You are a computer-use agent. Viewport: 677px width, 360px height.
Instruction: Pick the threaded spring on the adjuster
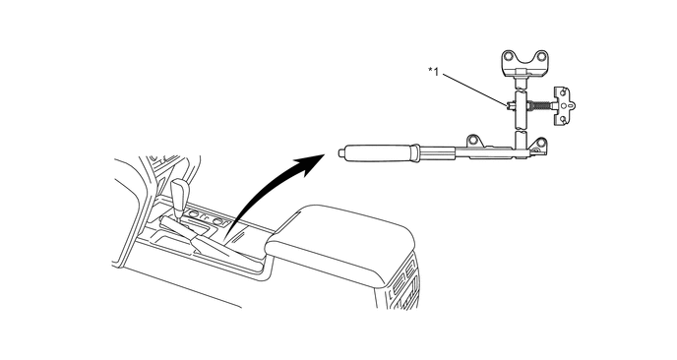coord(542,103)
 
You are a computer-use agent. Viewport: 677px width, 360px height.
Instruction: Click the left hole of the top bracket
coord(508,56)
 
